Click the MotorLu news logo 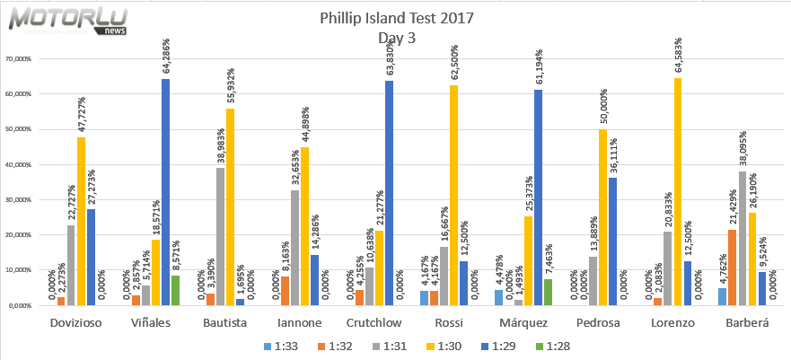64,20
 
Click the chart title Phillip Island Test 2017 396,18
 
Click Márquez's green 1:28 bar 549,292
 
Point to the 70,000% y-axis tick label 19,59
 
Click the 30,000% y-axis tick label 19,200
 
